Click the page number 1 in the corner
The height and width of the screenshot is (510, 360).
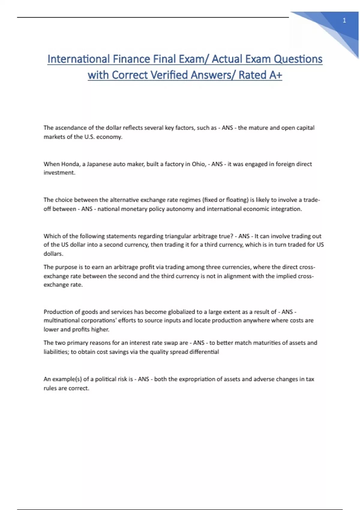tap(344, 20)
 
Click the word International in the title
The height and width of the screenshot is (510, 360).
tap(79, 59)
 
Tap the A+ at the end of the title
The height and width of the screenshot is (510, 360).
tap(275, 75)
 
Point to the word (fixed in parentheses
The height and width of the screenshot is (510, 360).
tap(210, 200)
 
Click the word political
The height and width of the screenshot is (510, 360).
tap(106, 379)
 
